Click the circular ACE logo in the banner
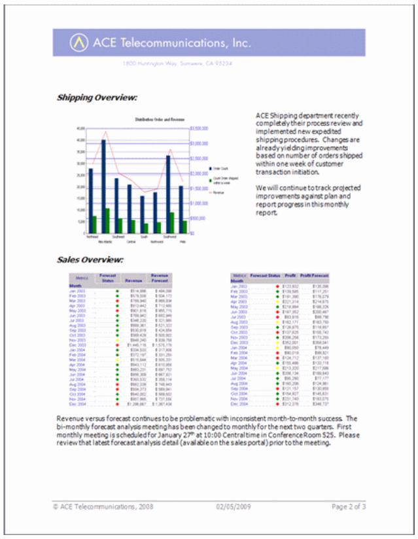[78, 43]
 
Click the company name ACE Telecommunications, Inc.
[171, 43]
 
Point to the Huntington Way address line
[177, 64]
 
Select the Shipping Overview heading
[97, 98]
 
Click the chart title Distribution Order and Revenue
[156, 120]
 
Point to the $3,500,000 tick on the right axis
[200, 128]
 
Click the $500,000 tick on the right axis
[200, 219]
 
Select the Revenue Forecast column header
[160, 278]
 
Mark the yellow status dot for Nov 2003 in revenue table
[117, 341]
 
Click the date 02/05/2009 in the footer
[232, 506]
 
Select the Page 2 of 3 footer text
[349, 506]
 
